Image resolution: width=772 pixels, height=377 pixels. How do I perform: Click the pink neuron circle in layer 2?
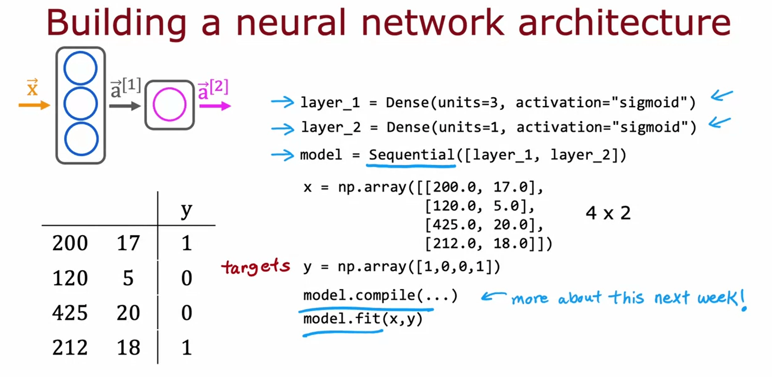tap(169, 104)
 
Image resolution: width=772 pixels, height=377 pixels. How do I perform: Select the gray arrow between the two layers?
tap(124, 106)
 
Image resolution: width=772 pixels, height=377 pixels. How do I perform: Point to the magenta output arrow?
tap(215, 106)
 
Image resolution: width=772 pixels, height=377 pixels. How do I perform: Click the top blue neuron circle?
tap(80, 68)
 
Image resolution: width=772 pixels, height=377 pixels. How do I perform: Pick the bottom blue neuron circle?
tap(81, 139)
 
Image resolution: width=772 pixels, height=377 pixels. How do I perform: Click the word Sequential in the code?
tap(411, 155)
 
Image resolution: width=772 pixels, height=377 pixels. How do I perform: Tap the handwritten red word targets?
tap(256, 266)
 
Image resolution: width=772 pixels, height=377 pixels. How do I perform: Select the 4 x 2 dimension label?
tap(608, 213)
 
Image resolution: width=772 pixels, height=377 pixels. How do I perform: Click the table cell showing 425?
tap(70, 313)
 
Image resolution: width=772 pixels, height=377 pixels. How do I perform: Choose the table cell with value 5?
tap(128, 278)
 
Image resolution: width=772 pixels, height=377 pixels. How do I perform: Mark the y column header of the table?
tap(186, 210)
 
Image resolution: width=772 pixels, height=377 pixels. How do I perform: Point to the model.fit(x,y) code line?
tap(362, 319)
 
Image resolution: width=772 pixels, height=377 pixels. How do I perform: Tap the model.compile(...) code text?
tap(380, 295)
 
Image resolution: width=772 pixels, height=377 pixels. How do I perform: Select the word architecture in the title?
tap(624, 23)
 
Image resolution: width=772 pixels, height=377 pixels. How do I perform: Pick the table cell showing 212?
tap(70, 347)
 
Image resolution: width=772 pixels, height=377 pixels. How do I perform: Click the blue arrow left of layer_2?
tap(283, 128)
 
